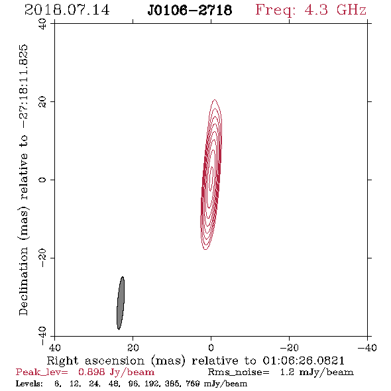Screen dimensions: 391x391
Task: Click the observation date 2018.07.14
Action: pos(67,10)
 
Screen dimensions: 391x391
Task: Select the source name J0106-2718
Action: pos(190,10)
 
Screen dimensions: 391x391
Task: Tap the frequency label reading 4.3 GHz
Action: pos(335,10)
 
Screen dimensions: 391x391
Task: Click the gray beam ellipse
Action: pos(121,303)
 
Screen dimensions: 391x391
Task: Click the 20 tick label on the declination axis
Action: pos(42,102)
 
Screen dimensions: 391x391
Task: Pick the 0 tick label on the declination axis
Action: pos(42,180)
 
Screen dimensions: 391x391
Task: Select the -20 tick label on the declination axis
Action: pos(42,258)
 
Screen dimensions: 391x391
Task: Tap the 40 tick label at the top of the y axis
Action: pos(42,24)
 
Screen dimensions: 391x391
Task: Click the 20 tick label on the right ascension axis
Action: pos(133,347)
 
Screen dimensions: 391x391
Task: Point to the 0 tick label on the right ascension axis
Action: pos(211,347)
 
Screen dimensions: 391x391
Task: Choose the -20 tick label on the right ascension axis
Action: pos(289,347)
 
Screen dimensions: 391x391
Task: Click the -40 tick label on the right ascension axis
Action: pos(367,347)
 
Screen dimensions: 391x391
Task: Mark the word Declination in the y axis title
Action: pos(23,281)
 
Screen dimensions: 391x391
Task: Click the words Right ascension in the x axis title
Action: pos(95,361)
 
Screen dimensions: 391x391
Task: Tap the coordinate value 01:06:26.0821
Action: pos(304,361)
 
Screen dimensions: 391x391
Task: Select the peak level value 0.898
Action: pos(91,372)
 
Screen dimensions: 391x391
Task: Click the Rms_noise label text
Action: pos(239,372)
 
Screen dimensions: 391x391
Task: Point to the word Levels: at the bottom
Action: pos(29,384)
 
